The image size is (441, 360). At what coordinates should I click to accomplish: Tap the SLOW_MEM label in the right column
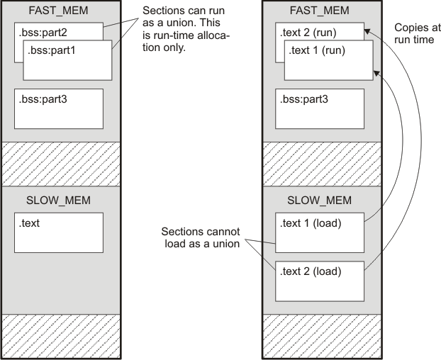pos(316,200)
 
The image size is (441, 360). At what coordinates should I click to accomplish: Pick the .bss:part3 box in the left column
pos(59,108)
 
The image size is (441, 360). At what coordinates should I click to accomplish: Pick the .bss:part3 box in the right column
pos(320,108)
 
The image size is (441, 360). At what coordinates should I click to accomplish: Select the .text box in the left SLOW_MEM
pos(59,232)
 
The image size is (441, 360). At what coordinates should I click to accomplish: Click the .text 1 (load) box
pos(320,232)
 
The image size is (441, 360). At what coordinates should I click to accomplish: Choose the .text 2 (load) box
pos(320,281)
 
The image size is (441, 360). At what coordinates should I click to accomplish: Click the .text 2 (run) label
pos(310,33)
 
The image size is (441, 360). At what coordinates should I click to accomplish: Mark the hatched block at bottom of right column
pos(316,336)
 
